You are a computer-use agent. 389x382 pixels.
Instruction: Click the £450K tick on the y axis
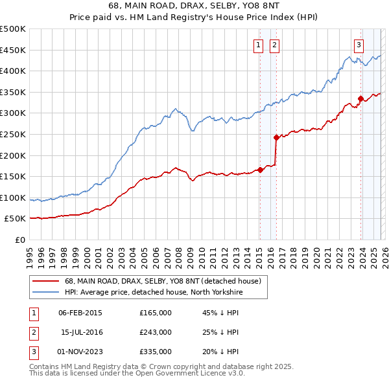click(x=13, y=50)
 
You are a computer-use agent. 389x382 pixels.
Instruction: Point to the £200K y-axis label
click(x=13, y=155)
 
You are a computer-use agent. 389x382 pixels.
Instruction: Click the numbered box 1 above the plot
click(x=259, y=45)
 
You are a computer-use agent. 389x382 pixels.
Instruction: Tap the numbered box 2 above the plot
click(x=275, y=45)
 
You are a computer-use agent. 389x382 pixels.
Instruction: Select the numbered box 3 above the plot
click(x=359, y=45)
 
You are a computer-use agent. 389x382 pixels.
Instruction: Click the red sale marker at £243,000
click(x=276, y=137)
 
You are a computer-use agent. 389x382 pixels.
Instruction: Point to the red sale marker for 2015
click(x=260, y=170)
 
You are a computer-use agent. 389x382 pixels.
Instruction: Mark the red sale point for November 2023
click(x=360, y=98)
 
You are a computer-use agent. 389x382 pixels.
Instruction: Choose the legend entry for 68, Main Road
click(x=163, y=281)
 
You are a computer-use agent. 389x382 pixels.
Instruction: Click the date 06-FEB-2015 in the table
click(x=80, y=313)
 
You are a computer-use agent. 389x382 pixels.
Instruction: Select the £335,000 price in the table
click(x=156, y=352)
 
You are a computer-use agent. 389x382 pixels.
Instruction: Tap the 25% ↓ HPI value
click(x=220, y=332)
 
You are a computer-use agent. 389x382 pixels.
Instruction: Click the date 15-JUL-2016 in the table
click(x=80, y=332)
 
